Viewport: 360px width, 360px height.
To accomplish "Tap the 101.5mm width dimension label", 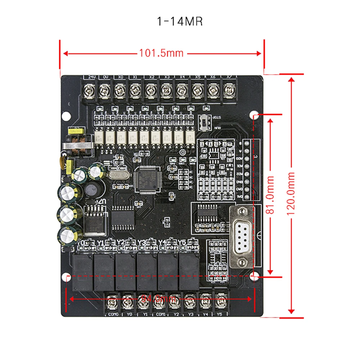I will [x=161, y=53].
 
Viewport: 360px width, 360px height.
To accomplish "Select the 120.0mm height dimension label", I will [x=291, y=194].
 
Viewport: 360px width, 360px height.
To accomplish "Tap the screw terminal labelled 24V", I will [x=89, y=89].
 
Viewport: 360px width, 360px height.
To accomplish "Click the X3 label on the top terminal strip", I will [x=167, y=77].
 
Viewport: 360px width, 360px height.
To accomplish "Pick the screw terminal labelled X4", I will [x=182, y=89].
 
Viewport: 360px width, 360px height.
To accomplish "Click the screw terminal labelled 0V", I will [x=104, y=89].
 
